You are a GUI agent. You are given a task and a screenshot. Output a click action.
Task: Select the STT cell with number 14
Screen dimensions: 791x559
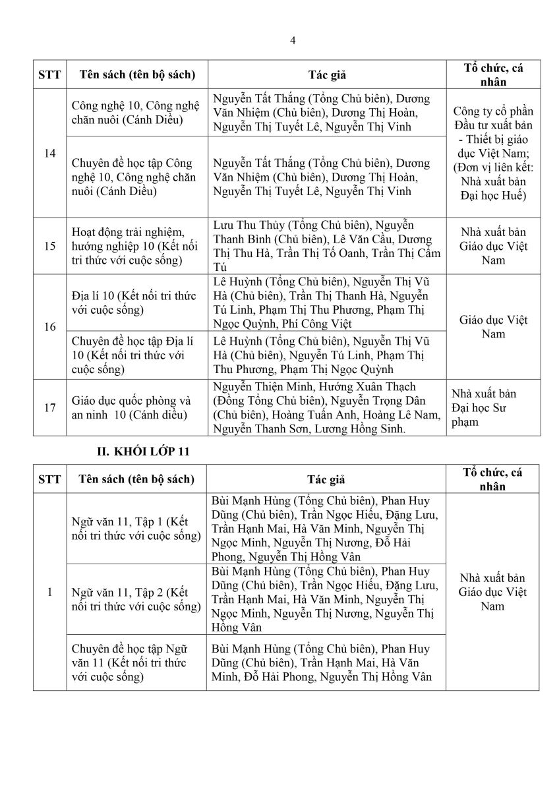pos(50,153)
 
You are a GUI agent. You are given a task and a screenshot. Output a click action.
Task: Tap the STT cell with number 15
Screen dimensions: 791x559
pos(50,246)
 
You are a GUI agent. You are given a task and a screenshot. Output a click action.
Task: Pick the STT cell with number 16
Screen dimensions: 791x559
pos(50,327)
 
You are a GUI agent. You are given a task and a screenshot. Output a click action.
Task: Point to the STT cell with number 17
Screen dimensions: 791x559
pos(50,407)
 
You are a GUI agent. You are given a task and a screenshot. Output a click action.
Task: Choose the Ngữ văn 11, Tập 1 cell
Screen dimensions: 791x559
pos(135,529)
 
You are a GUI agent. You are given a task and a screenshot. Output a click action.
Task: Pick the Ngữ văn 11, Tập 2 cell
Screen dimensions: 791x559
pos(135,599)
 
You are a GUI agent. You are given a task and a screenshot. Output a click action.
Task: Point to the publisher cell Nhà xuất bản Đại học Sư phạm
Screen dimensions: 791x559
pos(492,407)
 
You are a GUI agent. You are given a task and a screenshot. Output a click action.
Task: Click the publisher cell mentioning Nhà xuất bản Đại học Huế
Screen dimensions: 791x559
pos(492,153)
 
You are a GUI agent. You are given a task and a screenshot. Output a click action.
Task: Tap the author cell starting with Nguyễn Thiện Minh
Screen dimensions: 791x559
pos(326,407)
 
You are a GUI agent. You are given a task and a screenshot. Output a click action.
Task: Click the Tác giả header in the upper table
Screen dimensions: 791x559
pos(326,74)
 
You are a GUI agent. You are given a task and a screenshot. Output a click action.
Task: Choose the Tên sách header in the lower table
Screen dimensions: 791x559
pos(136,479)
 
